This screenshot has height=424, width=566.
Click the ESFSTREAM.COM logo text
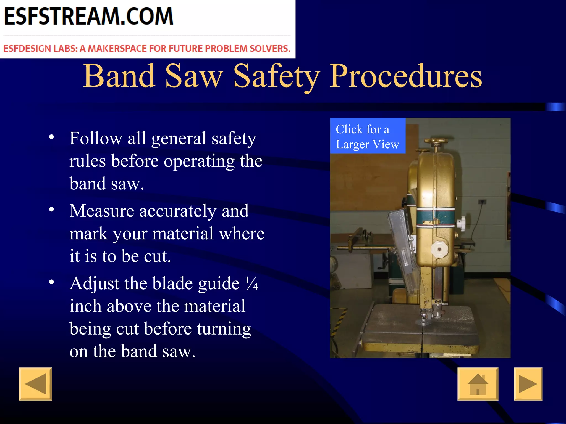click(88, 17)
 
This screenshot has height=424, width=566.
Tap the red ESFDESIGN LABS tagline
click(147, 49)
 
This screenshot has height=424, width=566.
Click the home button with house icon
click(478, 384)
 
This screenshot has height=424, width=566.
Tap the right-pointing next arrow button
click(528, 384)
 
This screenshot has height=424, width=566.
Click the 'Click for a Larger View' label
click(368, 136)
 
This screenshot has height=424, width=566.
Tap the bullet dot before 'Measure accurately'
click(51, 210)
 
